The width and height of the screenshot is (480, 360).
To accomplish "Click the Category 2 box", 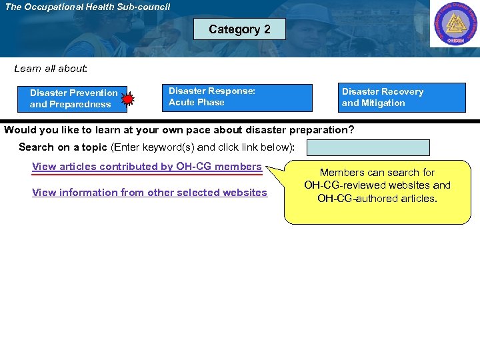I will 239,29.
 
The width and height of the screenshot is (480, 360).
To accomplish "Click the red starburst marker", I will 128,99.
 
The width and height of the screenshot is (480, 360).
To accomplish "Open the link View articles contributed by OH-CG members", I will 147,167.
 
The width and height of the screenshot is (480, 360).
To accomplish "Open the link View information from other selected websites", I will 149,193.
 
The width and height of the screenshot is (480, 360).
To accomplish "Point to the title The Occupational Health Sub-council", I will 87,7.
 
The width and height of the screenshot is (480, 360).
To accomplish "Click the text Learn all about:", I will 51,69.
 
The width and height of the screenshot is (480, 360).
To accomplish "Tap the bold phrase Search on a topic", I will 63,147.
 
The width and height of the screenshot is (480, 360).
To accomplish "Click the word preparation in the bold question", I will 318,129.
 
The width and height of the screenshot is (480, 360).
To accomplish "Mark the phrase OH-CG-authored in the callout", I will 353,198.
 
